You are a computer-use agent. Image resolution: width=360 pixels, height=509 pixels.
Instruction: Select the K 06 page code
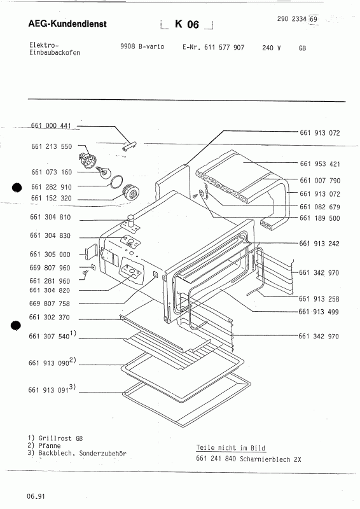point(187,24)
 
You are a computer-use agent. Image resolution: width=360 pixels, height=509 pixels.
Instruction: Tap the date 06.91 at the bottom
point(36,494)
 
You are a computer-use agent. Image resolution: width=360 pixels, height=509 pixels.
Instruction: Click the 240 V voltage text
point(271,48)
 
